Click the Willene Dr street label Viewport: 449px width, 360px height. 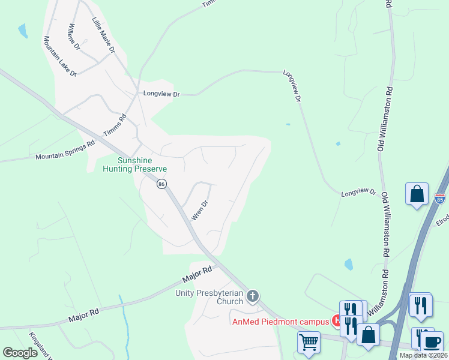pyautogui.click(x=74, y=37)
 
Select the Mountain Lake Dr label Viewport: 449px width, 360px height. pyautogui.click(x=59, y=56)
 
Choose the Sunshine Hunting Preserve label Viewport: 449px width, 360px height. pyautogui.click(x=142, y=165)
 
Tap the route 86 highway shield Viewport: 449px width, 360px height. pyautogui.click(x=161, y=184)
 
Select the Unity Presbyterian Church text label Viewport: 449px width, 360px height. pyautogui.click(x=209, y=297)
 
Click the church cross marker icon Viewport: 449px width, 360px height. pyautogui.click(x=253, y=295)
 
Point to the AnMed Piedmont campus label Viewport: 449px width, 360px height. pyautogui.click(x=281, y=321)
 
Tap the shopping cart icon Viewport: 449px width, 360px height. pyautogui.click(x=309, y=343)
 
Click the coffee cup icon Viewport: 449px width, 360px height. pyautogui.click(x=431, y=341)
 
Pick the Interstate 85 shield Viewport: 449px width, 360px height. pyautogui.click(x=440, y=197)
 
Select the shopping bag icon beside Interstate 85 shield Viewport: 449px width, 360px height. pyautogui.click(x=417, y=194)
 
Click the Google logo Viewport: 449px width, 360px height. pyautogui.click(x=20, y=353)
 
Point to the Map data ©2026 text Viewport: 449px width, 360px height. pyautogui.click(x=423, y=355)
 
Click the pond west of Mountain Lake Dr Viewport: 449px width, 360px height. pyautogui.click(x=23, y=31)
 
